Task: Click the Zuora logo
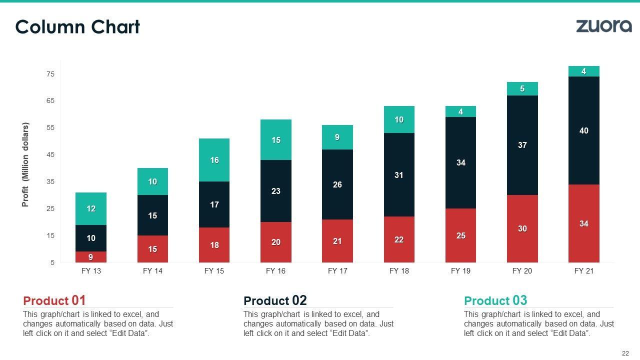point(603,26)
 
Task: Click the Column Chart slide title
point(77,27)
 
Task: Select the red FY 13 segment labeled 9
point(91,257)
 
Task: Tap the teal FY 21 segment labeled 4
point(583,71)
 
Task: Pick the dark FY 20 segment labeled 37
point(522,145)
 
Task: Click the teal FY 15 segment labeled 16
point(214,160)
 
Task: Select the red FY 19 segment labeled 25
point(460,235)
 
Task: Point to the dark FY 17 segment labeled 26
point(337,184)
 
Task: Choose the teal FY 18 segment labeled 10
point(399,119)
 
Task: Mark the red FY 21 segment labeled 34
point(583,223)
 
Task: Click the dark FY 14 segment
point(152,215)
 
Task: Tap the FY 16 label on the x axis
point(275,271)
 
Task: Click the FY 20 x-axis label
point(522,271)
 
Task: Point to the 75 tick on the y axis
point(50,74)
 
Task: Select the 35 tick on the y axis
point(50,181)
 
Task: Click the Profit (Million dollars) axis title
point(25,164)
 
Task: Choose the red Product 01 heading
point(54,300)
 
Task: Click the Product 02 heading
point(275,300)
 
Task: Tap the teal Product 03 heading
point(495,300)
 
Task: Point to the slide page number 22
point(625,353)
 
